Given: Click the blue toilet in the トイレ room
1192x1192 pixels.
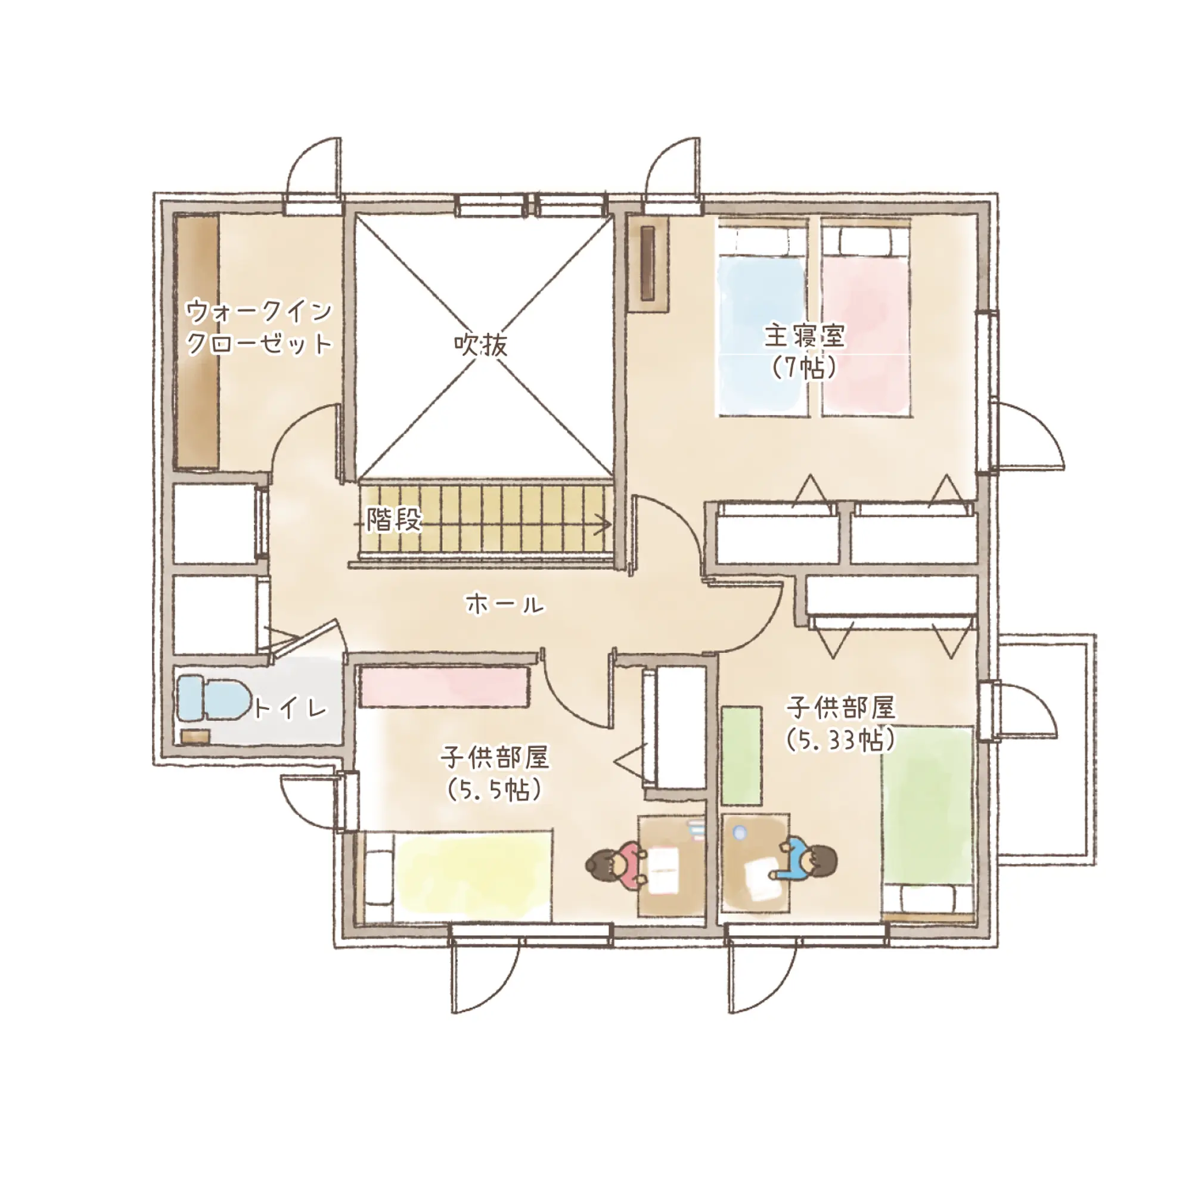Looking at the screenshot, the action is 213,699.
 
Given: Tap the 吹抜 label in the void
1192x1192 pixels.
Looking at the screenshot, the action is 481,346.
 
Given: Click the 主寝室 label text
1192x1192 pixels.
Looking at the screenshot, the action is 805,336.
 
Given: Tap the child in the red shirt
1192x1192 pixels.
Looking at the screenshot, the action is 614,865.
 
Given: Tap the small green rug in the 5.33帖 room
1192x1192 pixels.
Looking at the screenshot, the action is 741,756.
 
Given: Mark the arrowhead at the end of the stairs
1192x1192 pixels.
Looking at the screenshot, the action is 606,525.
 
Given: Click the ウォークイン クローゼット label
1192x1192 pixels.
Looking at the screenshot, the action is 259,328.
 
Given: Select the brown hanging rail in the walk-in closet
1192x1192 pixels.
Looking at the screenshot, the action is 197,342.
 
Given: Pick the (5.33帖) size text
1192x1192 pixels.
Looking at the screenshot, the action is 840,740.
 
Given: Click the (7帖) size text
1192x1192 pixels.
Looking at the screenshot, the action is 805,368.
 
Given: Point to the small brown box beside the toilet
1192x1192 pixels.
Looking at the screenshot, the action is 196,736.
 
